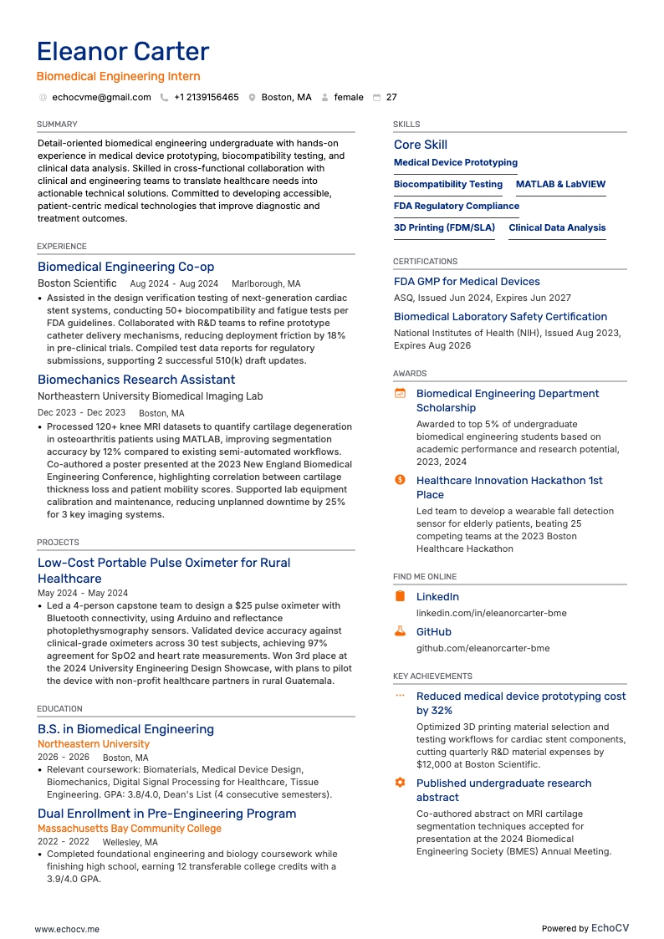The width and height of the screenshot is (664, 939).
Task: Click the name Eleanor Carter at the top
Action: coord(123,52)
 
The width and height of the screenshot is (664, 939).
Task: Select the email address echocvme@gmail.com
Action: coord(101,98)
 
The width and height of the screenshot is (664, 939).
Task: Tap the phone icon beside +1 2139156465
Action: coord(164,98)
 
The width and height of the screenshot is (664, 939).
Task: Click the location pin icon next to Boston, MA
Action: coord(252,98)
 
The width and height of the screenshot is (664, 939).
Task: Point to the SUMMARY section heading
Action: coord(57,125)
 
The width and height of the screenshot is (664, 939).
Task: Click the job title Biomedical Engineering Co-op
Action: coord(125,267)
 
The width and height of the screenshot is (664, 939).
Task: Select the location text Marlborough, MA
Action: coord(266,284)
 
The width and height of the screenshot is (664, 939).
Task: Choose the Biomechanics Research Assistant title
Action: coord(136,380)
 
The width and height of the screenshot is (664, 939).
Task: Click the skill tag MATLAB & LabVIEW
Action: coord(560,185)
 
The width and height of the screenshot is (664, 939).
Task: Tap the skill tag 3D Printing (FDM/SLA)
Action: coord(444,228)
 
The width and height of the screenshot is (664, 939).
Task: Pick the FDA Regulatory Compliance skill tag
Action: coord(457,207)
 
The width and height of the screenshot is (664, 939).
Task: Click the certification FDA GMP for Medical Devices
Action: coord(467,282)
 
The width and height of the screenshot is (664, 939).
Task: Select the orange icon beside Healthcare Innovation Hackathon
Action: coord(400,480)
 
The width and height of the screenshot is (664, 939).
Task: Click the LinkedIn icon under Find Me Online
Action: coord(400,596)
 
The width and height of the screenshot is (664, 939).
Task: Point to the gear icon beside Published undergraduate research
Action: coord(400,783)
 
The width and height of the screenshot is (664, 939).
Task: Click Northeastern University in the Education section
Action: coord(94,744)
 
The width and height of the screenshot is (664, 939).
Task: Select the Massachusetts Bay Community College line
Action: coord(130,829)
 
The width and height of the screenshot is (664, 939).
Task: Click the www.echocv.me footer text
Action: coord(67,906)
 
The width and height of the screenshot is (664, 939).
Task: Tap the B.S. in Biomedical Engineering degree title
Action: coord(125,729)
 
